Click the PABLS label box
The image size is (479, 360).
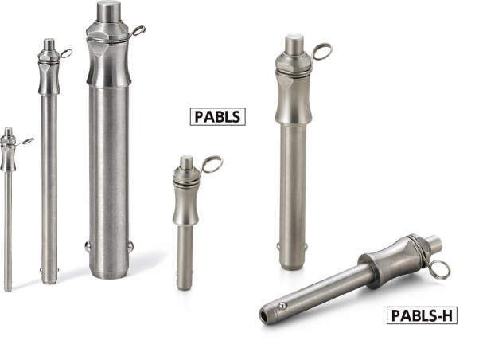[x=217, y=117]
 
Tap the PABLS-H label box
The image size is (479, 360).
[x=422, y=315]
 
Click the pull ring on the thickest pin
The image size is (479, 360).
[x=138, y=31]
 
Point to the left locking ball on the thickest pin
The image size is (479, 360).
[x=87, y=246]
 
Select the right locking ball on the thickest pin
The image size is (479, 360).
[x=130, y=245]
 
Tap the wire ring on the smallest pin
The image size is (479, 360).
[x=27, y=141]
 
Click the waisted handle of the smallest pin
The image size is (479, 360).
[x=8, y=154]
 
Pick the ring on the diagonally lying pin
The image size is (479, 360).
[x=441, y=269]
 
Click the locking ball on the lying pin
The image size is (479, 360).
[x=282, y=306]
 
